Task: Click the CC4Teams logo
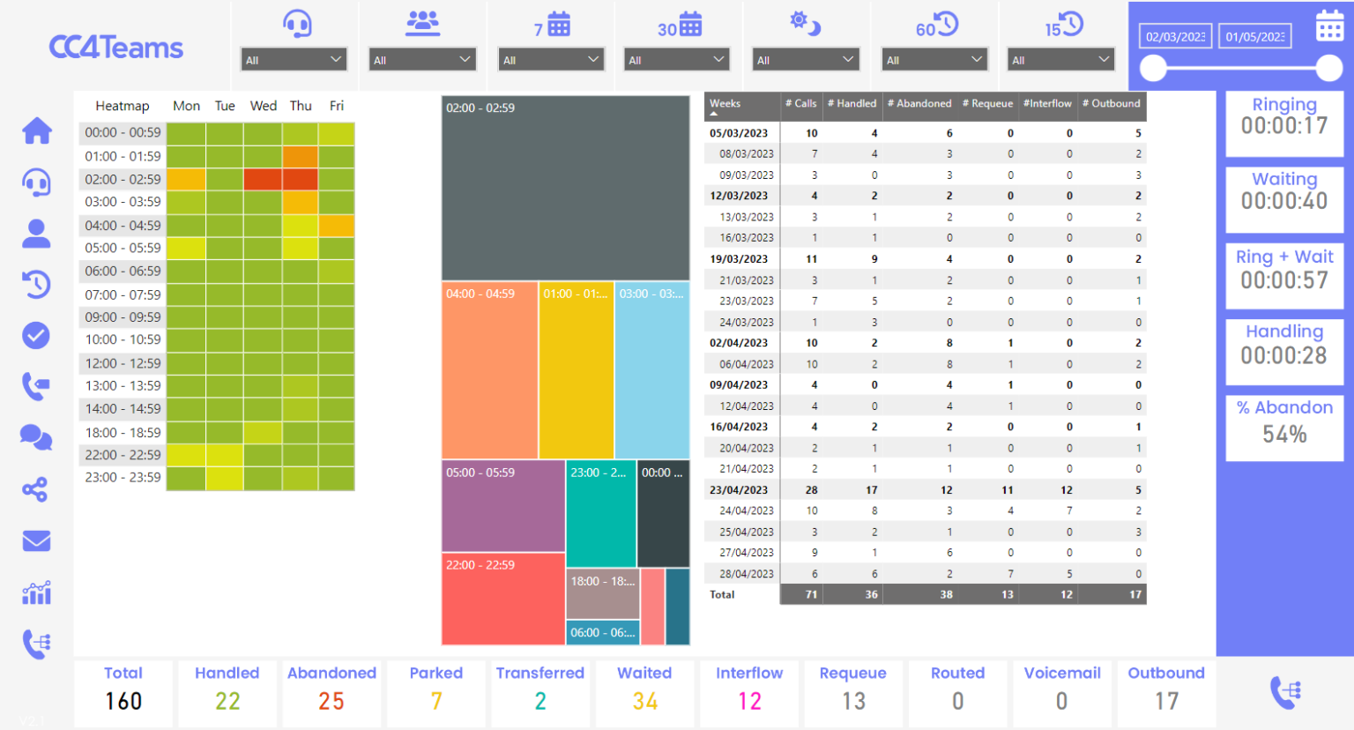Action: pyautogui.click(x=115, y=48)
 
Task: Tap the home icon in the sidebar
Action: pyautogui.click(x=37, y=131)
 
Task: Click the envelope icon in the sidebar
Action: pyautogui.click(x=36, y=540)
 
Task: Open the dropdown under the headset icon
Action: pyautogui.click(x=294, y=60)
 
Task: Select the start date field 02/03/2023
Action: pyautogui.click(x=1174, y=36)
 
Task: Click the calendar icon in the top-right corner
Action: pyautogui.click(x=1329, y=26)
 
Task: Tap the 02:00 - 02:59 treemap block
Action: pyautogui.click(x=565, y=188)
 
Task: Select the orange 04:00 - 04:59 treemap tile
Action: pyautogui.click(x=489, y=370)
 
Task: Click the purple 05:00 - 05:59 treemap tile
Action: pyautogui.click(x=502, y=506)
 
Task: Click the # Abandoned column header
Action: pyautogui.click(x=919, y=104)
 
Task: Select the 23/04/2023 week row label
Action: pyautogui.click(x=739, y=490)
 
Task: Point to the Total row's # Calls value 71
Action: pyautogui.click(x=810, y=595)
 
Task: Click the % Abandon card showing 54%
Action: pyautogui.click(x=1284, y=428)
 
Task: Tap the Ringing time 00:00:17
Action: pyautogui.click(x=1284, y=126)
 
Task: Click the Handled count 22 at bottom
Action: pyautogui.click(x=227, y=701)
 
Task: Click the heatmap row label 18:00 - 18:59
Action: pyautogui.click(x=123, y=432)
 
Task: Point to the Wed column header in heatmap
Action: pyautogui.click(x=263, y=106)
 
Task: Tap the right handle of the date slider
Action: pyautogui.click(x=1329, y=68)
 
